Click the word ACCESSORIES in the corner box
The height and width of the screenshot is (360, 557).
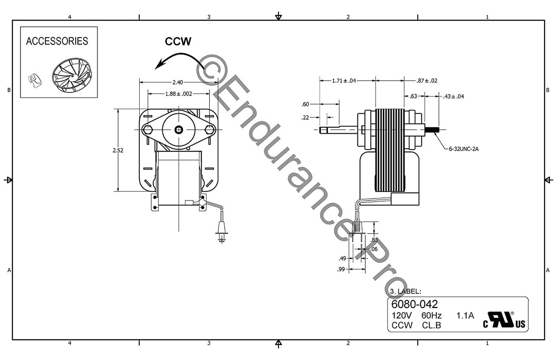point(57,41)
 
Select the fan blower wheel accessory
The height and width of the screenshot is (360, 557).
point(72,76)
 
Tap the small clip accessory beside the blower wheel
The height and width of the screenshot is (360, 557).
point(34,81)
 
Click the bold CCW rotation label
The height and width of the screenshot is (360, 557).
point(178,41)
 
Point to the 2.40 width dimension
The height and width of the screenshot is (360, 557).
point(177,82)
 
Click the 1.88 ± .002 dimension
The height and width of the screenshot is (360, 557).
point(179,94)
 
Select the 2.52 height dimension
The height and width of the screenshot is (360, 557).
point(118,150)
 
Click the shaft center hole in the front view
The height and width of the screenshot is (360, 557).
point(179,130)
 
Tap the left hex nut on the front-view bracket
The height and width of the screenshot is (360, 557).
point(148,130)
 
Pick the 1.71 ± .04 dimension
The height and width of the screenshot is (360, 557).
point(344,81)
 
